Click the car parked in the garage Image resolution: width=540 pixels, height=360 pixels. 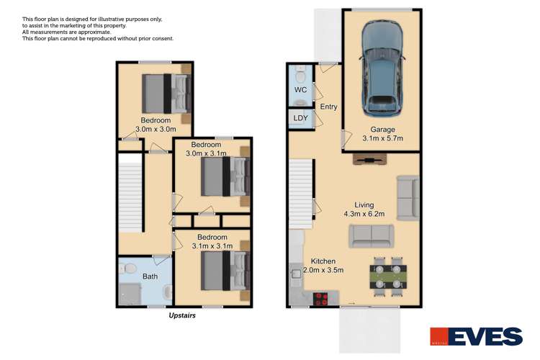click(x=382, y=68)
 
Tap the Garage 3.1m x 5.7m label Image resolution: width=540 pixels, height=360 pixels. click(x=382, y=134)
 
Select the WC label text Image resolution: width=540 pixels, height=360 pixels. click(x=300, y=91)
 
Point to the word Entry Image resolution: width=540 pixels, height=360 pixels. click(x=328, y=107)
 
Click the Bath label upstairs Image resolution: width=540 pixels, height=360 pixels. click(x=150, y=276)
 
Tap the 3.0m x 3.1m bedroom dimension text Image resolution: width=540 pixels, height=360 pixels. click(x=206, y=153)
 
